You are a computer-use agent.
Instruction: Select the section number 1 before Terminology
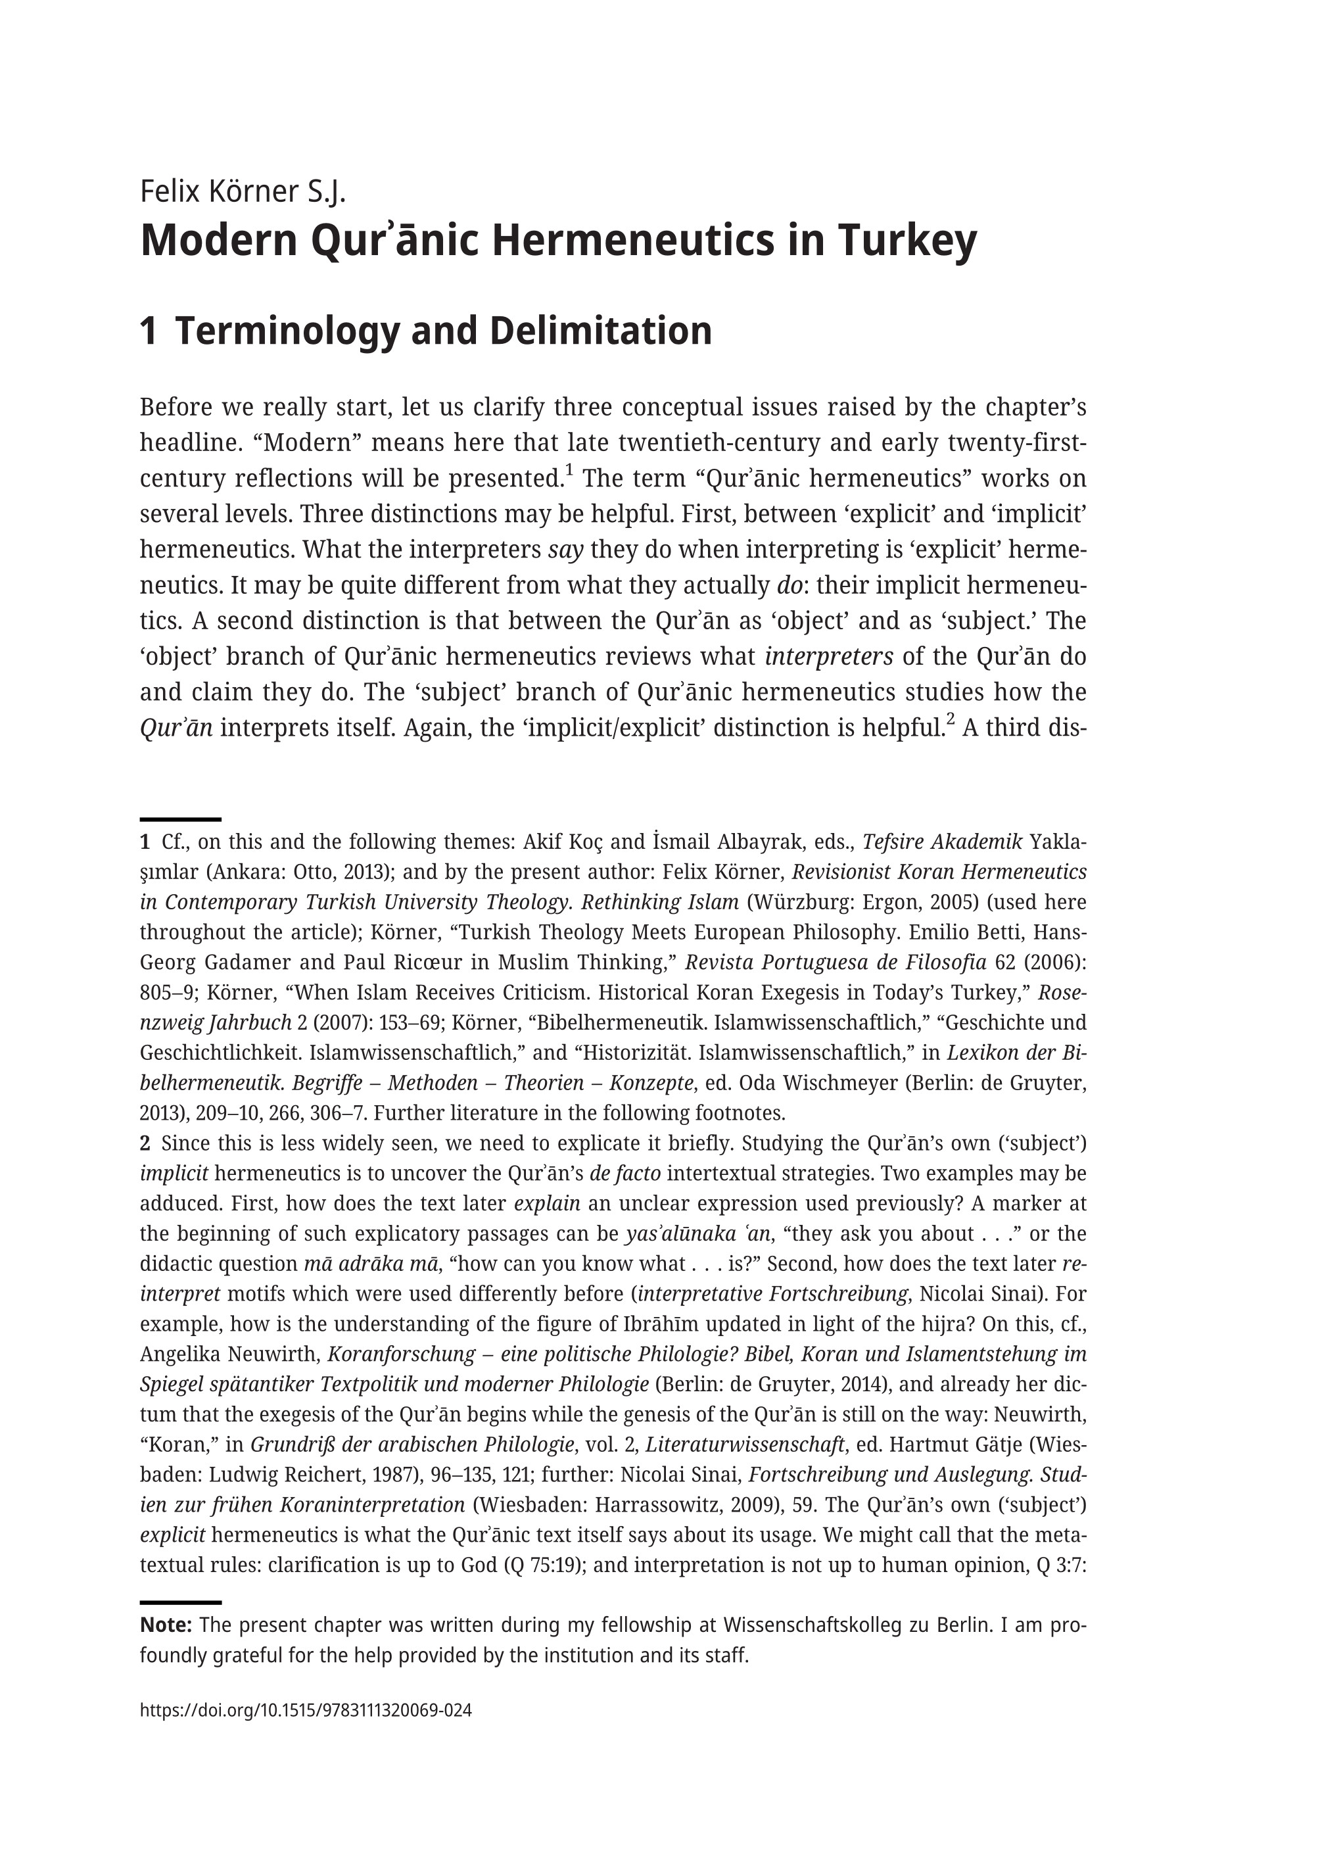point(148,331)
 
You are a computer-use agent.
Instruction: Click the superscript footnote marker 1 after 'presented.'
point(569,470)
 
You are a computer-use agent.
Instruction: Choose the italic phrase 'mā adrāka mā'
point(372,1264)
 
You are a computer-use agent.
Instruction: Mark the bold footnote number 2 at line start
point(145,1144)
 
